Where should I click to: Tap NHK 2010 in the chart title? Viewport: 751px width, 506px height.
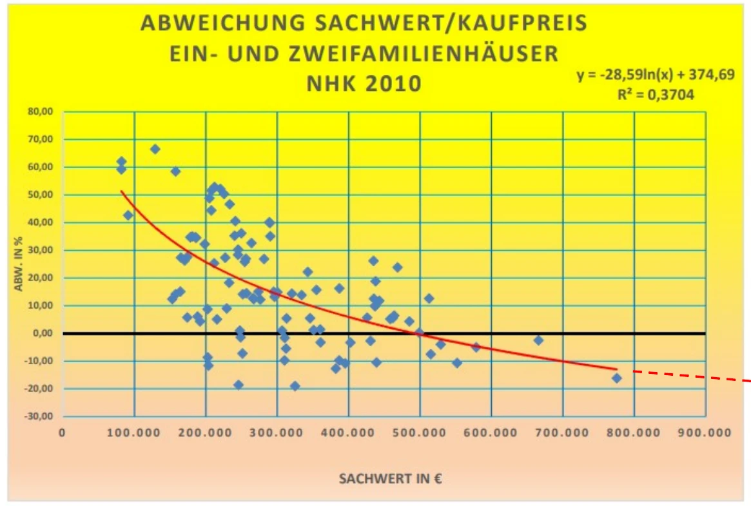click(364, 84)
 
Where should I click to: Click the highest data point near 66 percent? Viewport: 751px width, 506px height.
click(155, 149)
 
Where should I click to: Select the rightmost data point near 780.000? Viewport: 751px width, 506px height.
click(617, 378)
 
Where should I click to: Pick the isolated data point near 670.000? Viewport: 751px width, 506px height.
click(538, 340)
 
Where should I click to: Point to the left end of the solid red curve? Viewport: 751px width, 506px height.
click(122, 191)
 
